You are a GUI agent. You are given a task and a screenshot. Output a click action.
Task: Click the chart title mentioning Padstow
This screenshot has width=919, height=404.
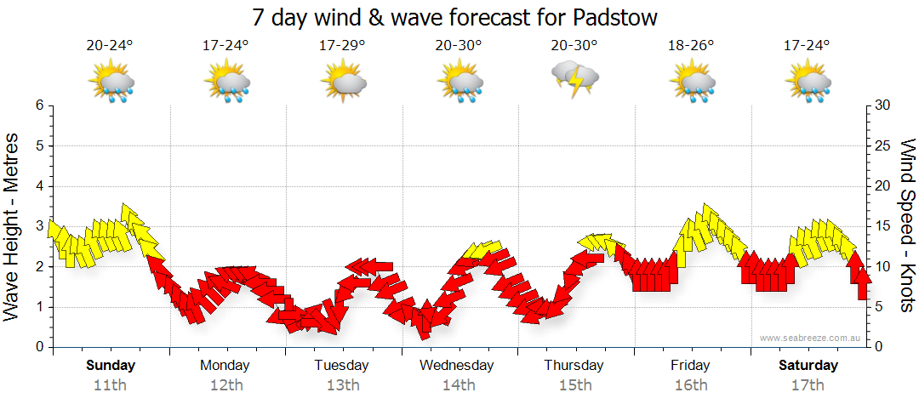[x=455, y=17]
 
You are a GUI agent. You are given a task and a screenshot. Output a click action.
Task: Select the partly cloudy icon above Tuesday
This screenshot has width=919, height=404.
[x=343, y=82]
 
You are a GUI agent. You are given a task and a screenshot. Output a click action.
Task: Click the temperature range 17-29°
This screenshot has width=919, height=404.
[x=343, y=46]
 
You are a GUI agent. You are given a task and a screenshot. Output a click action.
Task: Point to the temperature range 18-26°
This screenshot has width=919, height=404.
[x=692, y=46]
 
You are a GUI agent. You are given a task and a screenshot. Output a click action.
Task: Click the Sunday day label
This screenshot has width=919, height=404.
[x=111, y=366]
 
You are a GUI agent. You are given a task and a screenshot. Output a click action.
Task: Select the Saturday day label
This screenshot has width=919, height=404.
[x=808, y=366]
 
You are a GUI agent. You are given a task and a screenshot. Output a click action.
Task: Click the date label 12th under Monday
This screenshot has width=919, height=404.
[x=226, y=384]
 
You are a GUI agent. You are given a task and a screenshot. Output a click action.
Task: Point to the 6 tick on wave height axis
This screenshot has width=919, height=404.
[x=39, y=105]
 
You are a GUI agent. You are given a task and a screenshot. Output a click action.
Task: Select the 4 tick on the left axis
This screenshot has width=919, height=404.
[x=39, y=186]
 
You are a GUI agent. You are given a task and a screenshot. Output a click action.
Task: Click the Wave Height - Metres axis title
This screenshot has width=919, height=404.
[x=13, y=226]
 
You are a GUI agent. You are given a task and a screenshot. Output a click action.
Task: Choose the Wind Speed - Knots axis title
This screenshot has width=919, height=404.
[x=907, y=226]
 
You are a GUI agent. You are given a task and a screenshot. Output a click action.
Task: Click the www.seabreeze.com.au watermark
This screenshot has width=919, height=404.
[x=811, y=338]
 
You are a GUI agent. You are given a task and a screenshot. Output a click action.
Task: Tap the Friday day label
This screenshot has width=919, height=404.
[x=690, y=366]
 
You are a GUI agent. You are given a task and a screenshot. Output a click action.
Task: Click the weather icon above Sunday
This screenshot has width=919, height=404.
[x=111, y=82]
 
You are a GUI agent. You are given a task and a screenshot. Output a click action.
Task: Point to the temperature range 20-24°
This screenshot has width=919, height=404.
[x=111, y=46]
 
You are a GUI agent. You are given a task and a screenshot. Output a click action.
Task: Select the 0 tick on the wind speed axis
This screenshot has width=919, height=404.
[x=876, y=347]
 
